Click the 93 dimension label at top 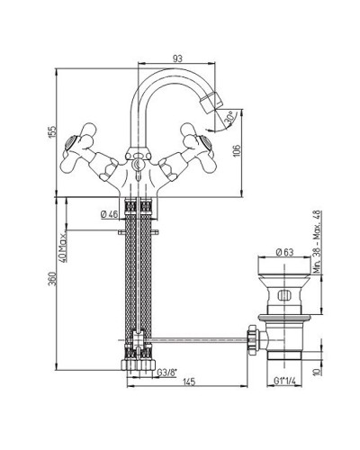point(177,58)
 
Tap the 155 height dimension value point(52,132)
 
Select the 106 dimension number point(237,150)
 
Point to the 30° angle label point(230,118)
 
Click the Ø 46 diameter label point(109,214)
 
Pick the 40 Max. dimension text point(63,247)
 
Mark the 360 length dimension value point(52,279)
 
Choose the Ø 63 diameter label point(284,252)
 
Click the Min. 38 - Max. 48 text point(318,242)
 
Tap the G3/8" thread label point(167,373)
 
